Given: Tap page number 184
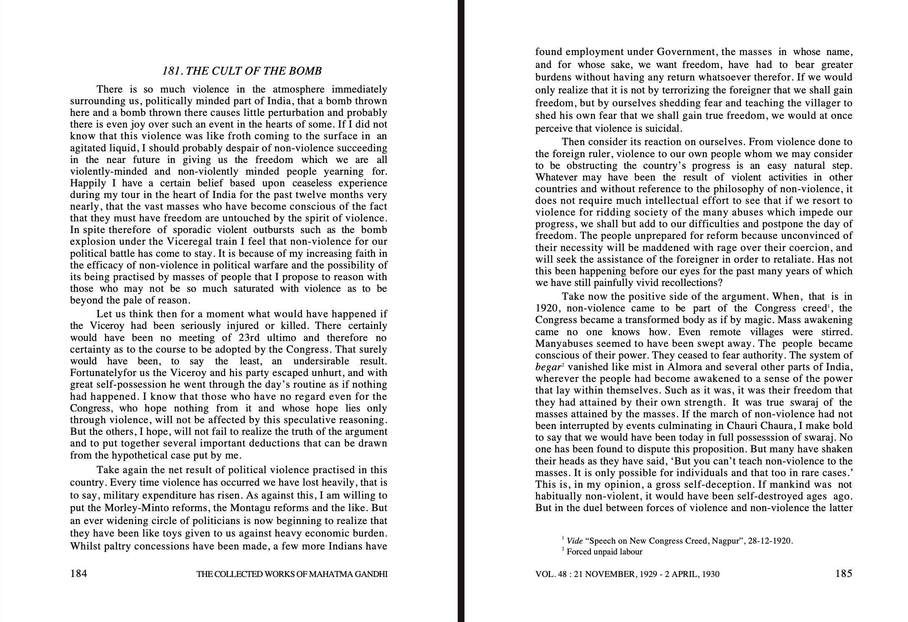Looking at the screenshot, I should [x=78, y=574].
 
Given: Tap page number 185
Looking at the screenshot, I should [x=843, y=574].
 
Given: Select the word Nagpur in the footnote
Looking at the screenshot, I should [x=736, y=541].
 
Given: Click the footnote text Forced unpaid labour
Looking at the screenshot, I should [x=604, y=552].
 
